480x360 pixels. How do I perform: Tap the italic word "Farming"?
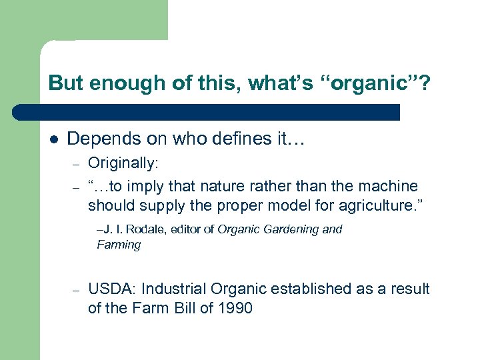point(119,245)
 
